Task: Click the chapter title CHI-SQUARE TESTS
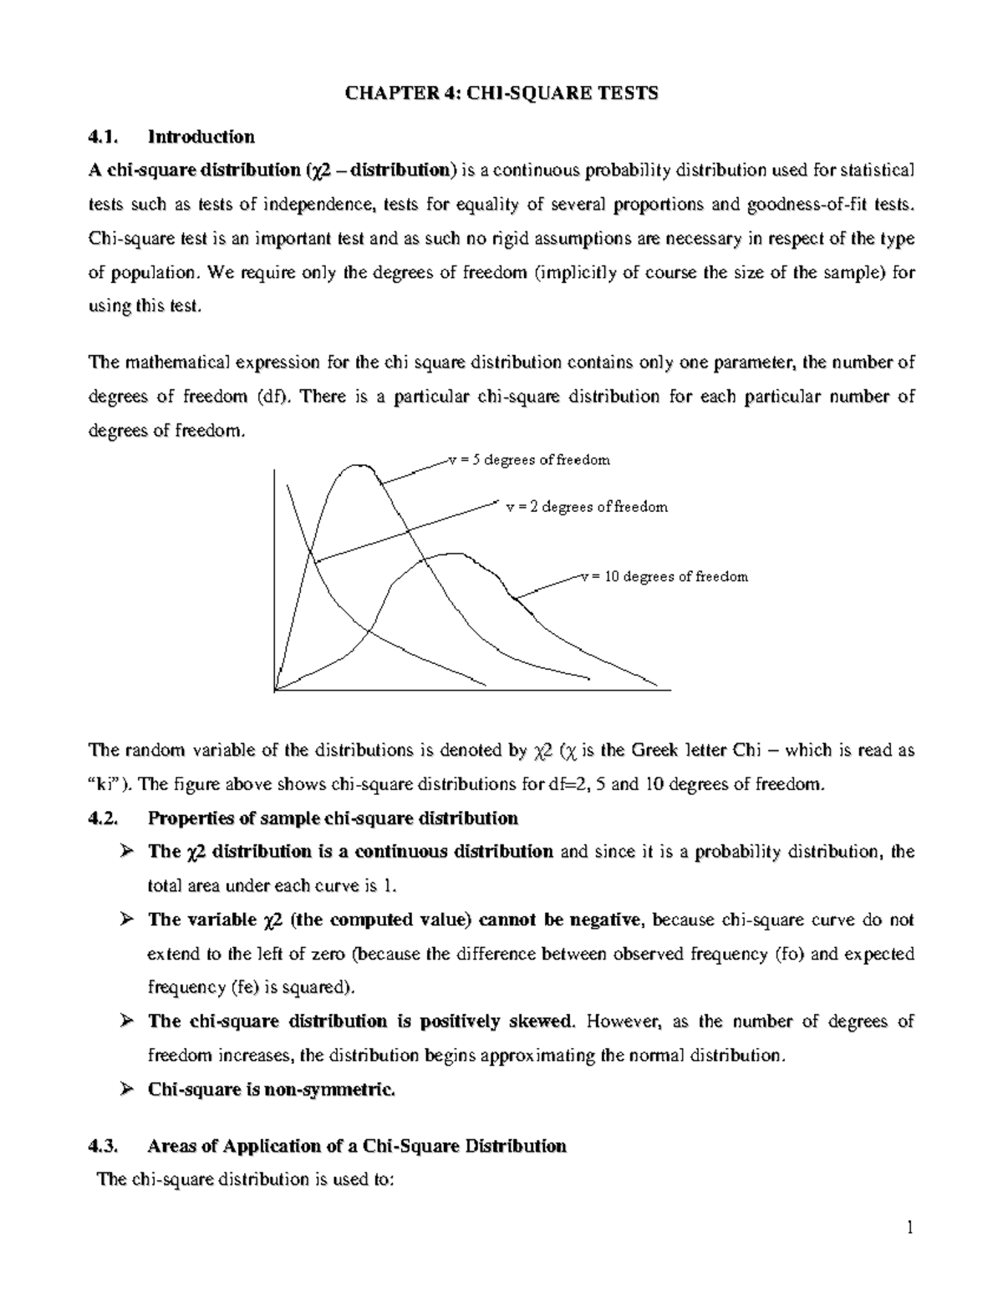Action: click(x=502, y=93)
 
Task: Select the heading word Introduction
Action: click(x=201, y=136)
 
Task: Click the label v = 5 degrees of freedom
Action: click(x=529, y=460)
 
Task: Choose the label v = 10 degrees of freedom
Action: click(x=664, y=576)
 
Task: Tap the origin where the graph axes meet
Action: click(x=275, y=689)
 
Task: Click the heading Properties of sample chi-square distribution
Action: click(x=333, y=818)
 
